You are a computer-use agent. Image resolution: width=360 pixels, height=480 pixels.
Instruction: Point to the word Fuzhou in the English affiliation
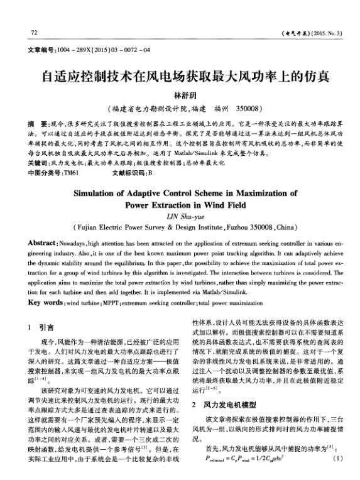[x=243, y=227]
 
